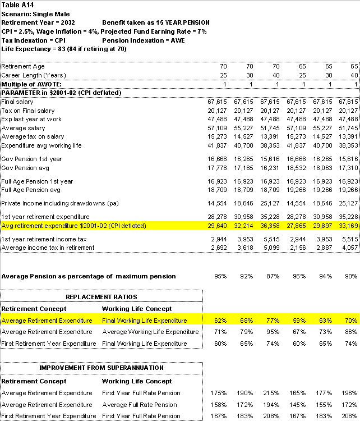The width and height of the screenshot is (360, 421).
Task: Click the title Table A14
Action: pos(17,4)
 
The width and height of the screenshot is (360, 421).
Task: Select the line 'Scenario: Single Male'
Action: pos(34,13)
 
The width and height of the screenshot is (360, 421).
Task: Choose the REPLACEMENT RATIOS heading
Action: pos(101,297)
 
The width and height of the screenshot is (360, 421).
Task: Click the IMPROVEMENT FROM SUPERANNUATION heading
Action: pos(101,368)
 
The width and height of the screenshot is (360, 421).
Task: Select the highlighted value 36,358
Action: pos(269,226)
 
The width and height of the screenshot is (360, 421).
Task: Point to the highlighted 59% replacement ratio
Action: pos(300,321)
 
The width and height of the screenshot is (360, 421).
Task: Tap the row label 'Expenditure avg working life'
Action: pos(41,145)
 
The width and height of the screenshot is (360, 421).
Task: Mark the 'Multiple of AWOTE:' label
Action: pos(31,84)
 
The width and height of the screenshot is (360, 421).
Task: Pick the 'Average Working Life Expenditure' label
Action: pos(150,332)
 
